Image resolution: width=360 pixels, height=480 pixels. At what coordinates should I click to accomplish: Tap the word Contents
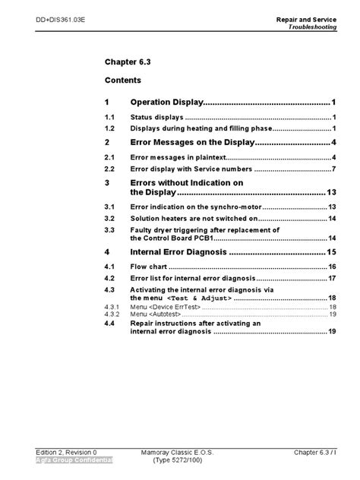[122, 80]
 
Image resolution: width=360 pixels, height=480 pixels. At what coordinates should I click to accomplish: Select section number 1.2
[109, 130]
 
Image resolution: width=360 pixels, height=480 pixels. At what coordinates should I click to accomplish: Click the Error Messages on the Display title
[192, 143]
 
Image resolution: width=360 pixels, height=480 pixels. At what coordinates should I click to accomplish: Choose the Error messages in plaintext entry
[183, 159]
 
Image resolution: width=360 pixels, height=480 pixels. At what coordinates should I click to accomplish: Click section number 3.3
[109, 229]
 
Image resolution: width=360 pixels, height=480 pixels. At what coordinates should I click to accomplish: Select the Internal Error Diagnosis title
[178, 252]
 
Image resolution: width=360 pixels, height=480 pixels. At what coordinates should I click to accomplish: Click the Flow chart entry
[149, 267]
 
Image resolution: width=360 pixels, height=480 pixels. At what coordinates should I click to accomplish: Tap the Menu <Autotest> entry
[155, 313]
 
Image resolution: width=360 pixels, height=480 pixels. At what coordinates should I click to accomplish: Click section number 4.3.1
[112, 306]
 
